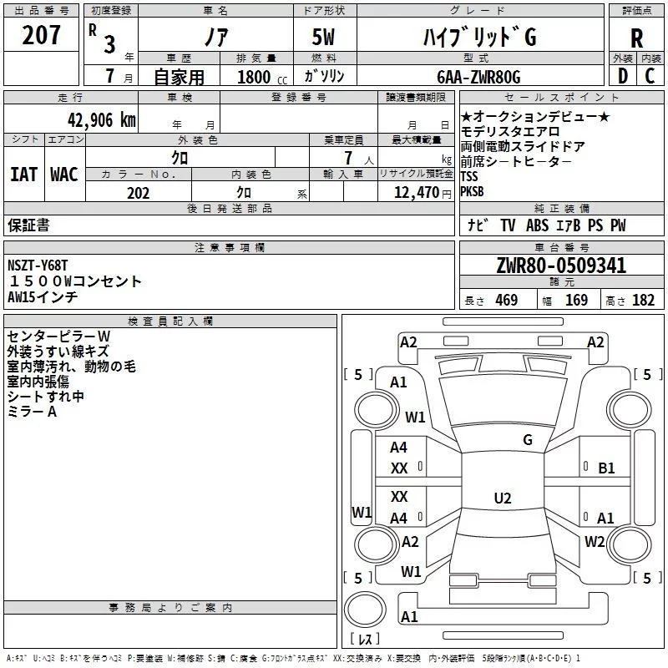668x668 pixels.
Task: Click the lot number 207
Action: click(41, 34)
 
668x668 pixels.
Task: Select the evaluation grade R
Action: click(636, 38)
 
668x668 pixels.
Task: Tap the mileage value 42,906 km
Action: click(101, 120)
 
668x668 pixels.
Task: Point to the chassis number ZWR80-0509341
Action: click(561, 266)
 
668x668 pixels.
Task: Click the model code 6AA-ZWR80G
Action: click(478, 77)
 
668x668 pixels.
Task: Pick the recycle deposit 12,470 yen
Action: click(423, 193)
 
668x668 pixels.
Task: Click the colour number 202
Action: click(138, 193)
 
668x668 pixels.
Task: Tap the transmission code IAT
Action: click(23, 175)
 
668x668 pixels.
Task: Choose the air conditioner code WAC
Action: click(64, 175)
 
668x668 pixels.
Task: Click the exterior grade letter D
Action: click(623, 76)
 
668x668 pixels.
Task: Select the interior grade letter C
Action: click(650, 76)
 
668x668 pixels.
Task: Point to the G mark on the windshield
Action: click(528, 440)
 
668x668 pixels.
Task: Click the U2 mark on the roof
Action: click(503, 498)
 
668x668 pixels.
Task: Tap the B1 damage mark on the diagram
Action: click(606, 468)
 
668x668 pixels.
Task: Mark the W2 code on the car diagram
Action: click(595, 541)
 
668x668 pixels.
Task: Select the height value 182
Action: click(643, 300)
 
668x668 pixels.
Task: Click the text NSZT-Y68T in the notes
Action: click(38, 266)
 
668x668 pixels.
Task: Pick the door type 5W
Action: click(323, 37)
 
